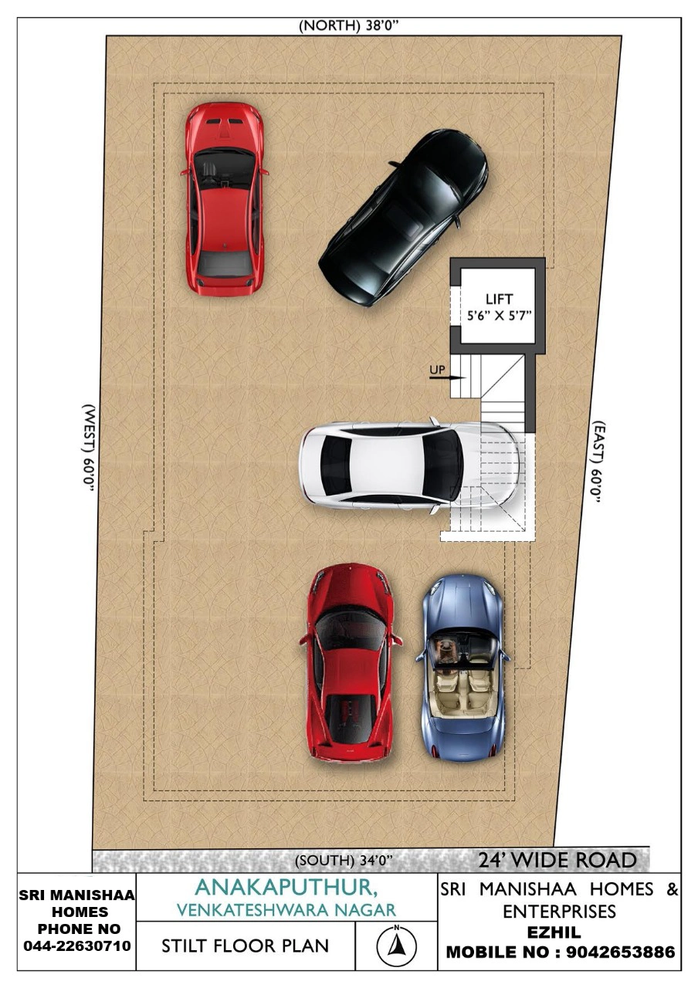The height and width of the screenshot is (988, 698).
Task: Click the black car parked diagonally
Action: coord(403,218)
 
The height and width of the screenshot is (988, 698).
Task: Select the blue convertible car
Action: coord(462,669)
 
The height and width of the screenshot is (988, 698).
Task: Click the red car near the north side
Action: coord(224,198)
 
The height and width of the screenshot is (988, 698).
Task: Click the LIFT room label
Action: coord(499,299)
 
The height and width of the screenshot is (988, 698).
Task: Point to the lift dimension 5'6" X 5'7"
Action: coord(499,316)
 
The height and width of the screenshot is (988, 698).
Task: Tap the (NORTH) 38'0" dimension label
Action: coord(348,26)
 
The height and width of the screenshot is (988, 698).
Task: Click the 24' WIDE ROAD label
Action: coord(557,860)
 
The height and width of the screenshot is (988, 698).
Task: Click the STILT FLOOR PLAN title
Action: coord(246,946)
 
